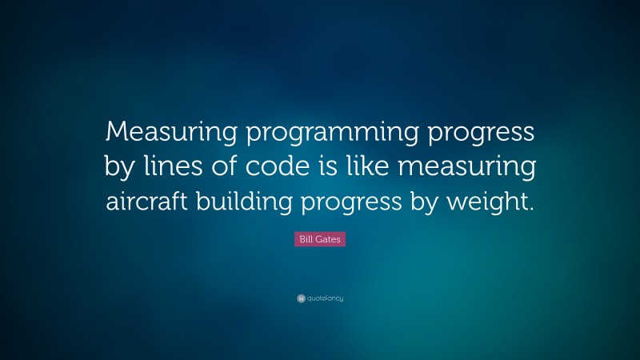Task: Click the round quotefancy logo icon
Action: click(x=300, y=298)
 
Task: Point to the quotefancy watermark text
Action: click(x=325, y=298)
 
